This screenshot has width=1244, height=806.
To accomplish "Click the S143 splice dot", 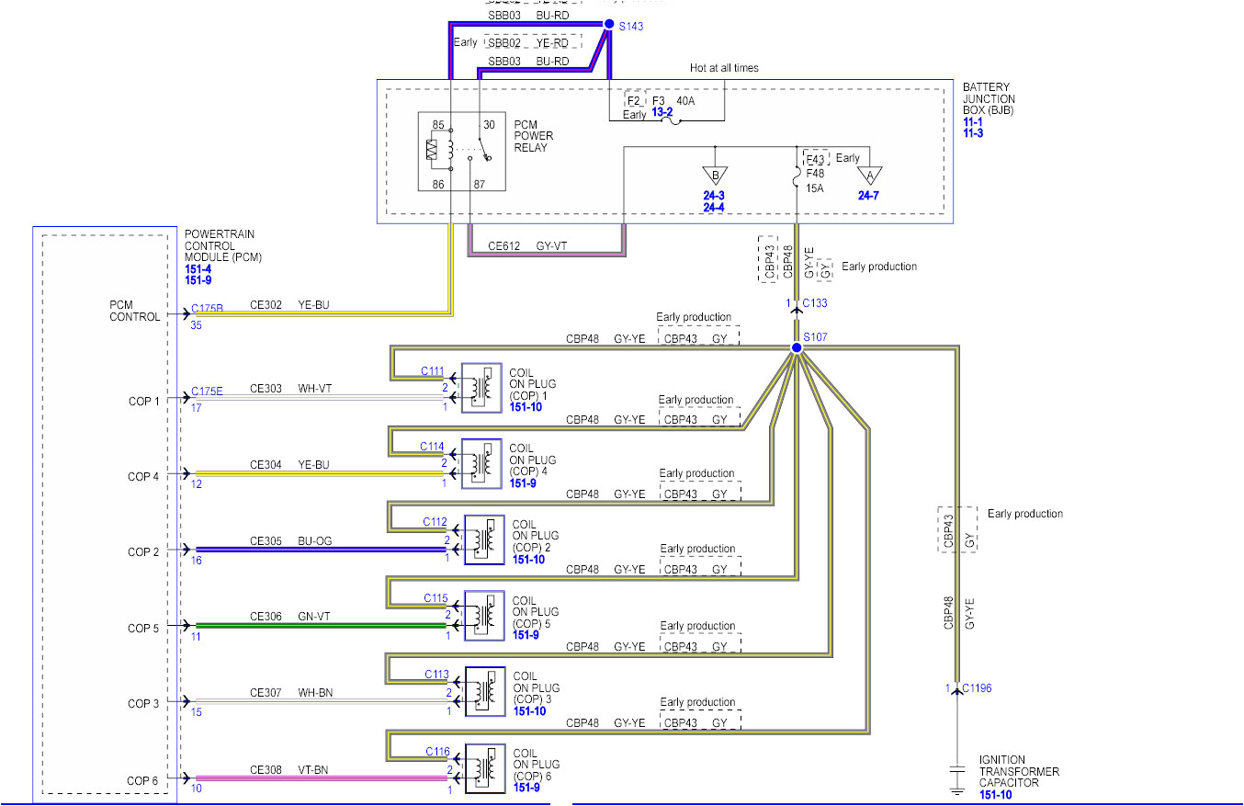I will (607, 25).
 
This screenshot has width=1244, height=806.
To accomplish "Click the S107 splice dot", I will (797, 348).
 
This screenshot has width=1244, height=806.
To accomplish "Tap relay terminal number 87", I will (479, 185).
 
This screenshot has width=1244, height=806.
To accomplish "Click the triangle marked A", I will (869, 176).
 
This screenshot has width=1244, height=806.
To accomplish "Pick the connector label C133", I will (814, 303).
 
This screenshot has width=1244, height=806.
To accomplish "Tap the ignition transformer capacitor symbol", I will (957, 769).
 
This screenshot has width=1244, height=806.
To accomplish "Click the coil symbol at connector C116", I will (485, 767).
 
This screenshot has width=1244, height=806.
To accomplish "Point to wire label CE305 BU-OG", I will (290, 540).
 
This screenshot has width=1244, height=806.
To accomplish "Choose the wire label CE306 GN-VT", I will (290, 617).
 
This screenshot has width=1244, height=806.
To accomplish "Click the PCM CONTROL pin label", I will (135, 310).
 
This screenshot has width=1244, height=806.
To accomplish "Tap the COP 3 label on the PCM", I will (143, 703).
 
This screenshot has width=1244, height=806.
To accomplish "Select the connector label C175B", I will (207, 310).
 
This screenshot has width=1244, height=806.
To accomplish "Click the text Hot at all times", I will (724, 68).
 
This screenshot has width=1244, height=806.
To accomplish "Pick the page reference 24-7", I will (869, 196).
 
